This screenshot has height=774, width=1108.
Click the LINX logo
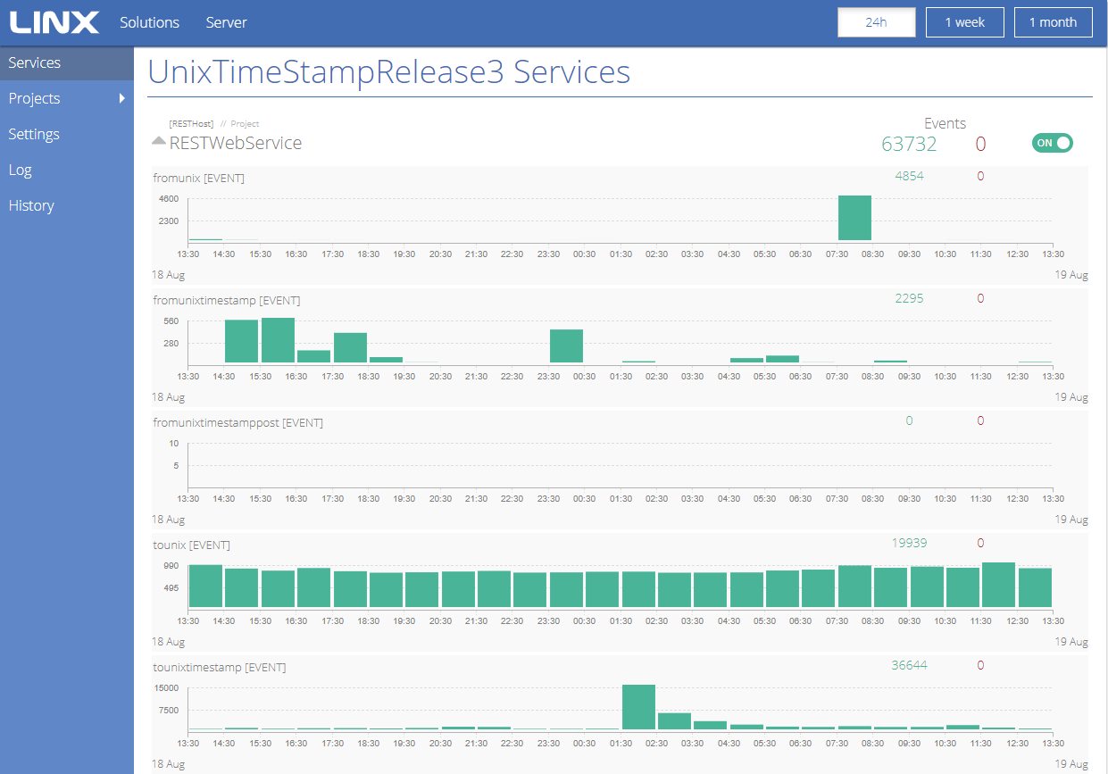point(54,22)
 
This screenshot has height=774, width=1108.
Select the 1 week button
point(964,22)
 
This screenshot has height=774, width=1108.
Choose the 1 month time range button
point(1054,22)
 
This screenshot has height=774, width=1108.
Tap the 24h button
point(876,22)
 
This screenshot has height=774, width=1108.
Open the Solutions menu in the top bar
point(149,22)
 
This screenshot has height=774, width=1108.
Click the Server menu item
point(226,22)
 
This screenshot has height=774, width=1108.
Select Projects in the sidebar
point(34,98)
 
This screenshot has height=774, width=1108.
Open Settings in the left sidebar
point(34,134)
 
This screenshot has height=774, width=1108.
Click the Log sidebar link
point(20,171)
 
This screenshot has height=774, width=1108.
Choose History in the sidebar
point(31,205)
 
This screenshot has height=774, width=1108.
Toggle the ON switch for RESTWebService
point(1052,143)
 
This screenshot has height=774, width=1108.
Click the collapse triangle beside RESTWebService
point(158,140)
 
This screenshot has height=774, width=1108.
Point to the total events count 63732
point(909,144)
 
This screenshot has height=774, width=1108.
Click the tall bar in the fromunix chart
point(854,218)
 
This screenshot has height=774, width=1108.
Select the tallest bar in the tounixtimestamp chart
point(638,707)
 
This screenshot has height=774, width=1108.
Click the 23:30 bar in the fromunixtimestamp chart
point(566,346)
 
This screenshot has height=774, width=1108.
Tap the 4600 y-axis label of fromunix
point(168,199)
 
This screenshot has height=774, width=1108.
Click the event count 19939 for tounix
point(909,543)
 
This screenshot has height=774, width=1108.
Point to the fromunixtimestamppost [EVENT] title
point(237,423)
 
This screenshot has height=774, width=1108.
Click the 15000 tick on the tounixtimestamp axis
point(166,688)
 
